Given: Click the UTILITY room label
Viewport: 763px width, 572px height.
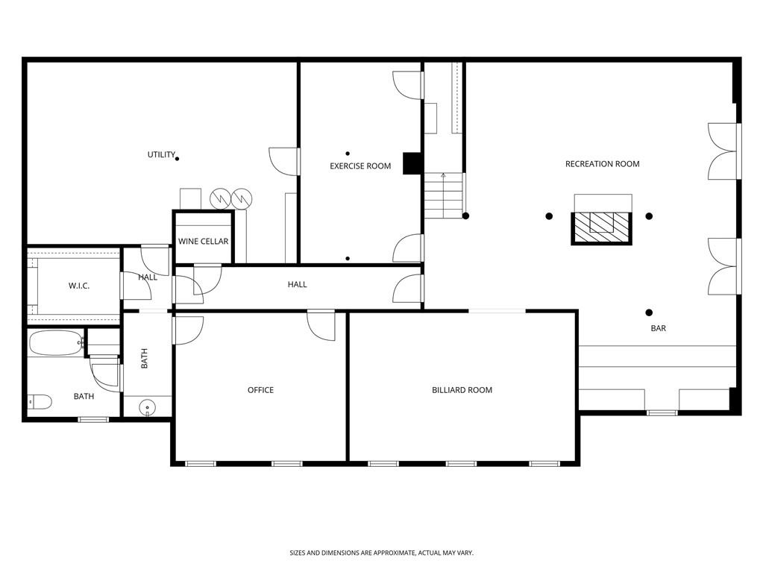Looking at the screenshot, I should tap(161, 155).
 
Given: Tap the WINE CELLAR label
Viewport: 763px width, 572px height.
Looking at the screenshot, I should tap(203, 242).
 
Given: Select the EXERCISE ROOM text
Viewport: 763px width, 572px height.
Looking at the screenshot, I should tap(360, 166).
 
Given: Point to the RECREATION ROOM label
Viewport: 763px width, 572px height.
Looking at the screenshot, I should tap(602, 164).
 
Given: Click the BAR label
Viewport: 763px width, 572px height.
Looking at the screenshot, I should tap(658, 328).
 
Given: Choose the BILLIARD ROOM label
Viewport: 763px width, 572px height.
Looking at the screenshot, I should tap(462, 390).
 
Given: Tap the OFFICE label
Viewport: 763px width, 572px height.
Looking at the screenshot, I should tap(260, 390).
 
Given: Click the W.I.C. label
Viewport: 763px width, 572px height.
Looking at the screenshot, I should tap(79, 286).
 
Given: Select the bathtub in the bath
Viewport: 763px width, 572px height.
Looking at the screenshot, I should tap(56, 344).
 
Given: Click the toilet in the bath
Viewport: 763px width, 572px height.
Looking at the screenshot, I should tap(39, 403).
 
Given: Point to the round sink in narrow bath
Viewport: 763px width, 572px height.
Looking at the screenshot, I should tap(148, 408).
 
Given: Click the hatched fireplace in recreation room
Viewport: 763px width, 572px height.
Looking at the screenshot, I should tap(601, 227).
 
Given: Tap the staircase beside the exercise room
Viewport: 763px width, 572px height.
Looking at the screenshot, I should tap(444, 195).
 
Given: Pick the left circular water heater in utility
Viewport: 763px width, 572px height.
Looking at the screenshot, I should tap(221, 198).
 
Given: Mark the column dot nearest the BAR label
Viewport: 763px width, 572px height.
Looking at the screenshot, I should tap(649, 312).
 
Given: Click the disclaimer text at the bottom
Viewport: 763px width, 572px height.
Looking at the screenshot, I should tap(381, 553).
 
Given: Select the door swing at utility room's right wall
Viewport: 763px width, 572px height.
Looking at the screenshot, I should tap(284, 161).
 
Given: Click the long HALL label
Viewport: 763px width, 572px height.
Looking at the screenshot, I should tap(297, 284).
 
